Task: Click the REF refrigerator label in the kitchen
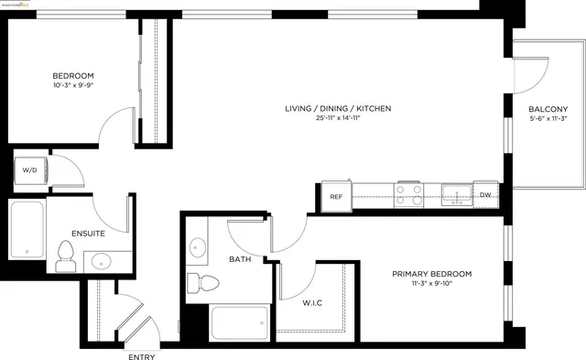[x=336, y=196]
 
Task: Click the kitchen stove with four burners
[x=408, y=193]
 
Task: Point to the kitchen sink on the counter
[x=454, y=193]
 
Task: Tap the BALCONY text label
[x=548, y=109]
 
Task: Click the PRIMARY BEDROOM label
[x=431, y=274]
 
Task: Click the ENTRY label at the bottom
[x=141, y=356]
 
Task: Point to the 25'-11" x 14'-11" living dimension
[x=338, y=120]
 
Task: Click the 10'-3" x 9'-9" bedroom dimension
[x=72, y=86]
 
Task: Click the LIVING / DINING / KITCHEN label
[x=338, y=108]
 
